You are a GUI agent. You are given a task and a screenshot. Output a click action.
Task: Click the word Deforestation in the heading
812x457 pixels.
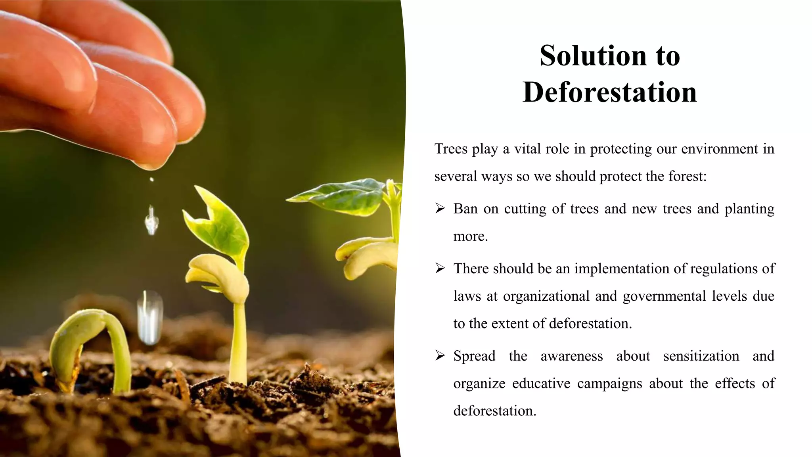609,92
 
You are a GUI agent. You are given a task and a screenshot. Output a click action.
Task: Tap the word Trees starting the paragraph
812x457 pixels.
450,149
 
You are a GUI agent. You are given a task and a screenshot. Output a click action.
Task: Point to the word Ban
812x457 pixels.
465,209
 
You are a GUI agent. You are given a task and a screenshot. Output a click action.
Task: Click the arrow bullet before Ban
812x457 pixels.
440,208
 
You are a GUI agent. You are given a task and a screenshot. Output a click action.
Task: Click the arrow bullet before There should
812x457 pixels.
440,268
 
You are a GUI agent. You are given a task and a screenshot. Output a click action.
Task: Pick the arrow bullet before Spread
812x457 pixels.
440,355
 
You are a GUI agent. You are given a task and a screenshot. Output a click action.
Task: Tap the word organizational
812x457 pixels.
546,296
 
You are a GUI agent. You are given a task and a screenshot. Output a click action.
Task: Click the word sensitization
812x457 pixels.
701,356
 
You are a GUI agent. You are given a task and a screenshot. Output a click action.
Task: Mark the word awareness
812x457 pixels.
571,356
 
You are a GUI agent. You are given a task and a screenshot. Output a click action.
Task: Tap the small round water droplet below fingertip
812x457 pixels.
151,180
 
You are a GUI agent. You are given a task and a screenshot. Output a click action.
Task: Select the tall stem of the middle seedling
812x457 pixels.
238,341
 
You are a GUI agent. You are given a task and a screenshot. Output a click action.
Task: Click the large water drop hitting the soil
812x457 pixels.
149,317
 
